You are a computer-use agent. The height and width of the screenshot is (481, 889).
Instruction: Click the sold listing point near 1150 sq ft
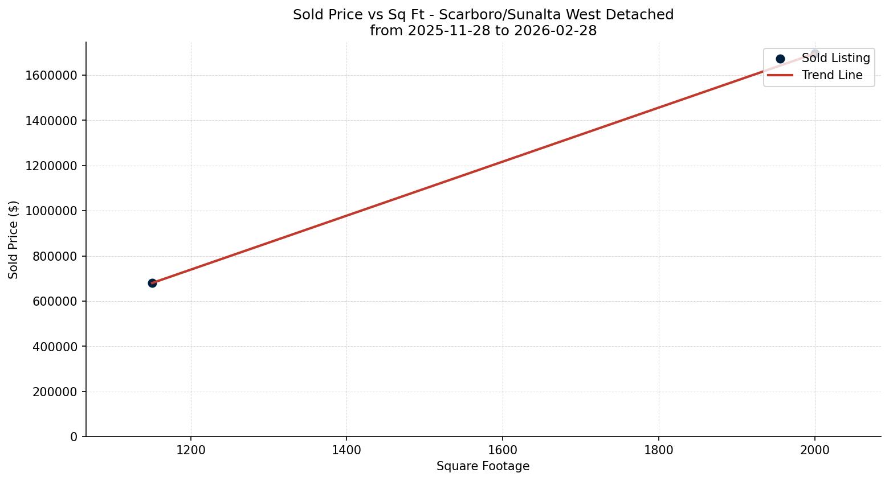(152, 283)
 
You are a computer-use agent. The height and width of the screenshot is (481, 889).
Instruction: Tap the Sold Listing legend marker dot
(780, 59)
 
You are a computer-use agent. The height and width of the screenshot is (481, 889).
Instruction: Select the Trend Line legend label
(831, 75)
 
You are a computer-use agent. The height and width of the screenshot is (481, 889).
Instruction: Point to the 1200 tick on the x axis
(191, 450)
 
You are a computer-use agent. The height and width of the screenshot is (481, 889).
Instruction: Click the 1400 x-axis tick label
(346, 450)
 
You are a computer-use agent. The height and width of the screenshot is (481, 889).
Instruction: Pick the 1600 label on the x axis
(503, 450)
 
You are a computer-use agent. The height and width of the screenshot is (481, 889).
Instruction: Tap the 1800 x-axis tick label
(658, 450)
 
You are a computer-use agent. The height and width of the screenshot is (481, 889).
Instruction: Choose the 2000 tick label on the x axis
(814, 450)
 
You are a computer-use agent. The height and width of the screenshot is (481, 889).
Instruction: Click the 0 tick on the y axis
(74, 437)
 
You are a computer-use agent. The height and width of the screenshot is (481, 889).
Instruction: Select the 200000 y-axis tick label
(51, 392)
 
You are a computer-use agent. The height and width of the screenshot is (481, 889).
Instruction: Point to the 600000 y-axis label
(51, 301)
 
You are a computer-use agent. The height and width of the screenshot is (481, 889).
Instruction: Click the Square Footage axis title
(483, 466)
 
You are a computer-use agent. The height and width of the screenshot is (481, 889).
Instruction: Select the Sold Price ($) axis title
(14, 240)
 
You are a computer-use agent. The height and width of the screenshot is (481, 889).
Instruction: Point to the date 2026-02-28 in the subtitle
(555, 31)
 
